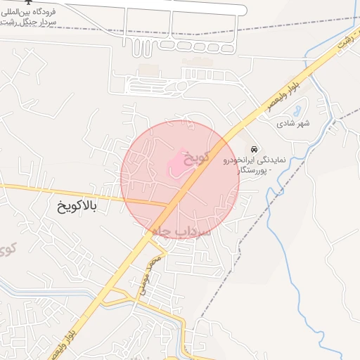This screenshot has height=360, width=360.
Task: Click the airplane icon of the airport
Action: tap(27, 1)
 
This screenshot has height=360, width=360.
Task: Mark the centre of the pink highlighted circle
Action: tap(180, 180)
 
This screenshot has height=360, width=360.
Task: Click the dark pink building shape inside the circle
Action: tap(176, 166)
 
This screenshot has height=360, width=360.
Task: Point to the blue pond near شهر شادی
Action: tap(297, 111)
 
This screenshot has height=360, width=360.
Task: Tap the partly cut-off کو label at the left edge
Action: tap(7, 247)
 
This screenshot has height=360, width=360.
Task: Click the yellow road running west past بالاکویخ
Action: tap(42, 190)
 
